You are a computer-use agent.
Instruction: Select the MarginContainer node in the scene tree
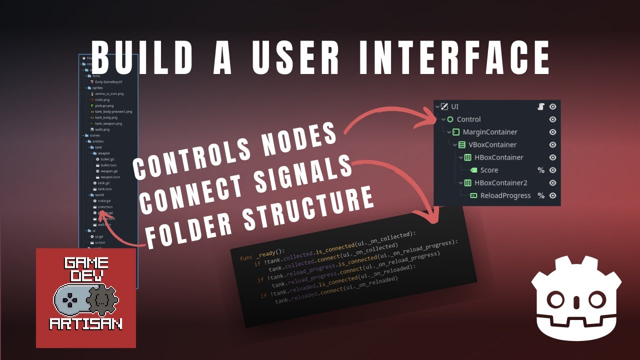(490, 132)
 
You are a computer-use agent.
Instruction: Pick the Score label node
(489, 170)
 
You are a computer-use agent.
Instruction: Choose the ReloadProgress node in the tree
(505, 195)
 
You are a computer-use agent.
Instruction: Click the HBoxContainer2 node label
(500, 183)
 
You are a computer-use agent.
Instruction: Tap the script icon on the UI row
(540, 106)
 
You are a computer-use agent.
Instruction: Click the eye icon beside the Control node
(552, 119)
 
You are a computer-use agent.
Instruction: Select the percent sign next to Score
(540, 170)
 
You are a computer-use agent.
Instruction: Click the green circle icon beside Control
(450, 119)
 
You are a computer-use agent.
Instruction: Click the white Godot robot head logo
(576, 298)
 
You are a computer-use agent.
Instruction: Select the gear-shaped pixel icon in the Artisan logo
(102, 301)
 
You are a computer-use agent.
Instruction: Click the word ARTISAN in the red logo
(86, 324)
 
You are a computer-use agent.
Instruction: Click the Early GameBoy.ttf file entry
(108, 81)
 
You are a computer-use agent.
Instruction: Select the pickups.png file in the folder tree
(104, 106)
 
